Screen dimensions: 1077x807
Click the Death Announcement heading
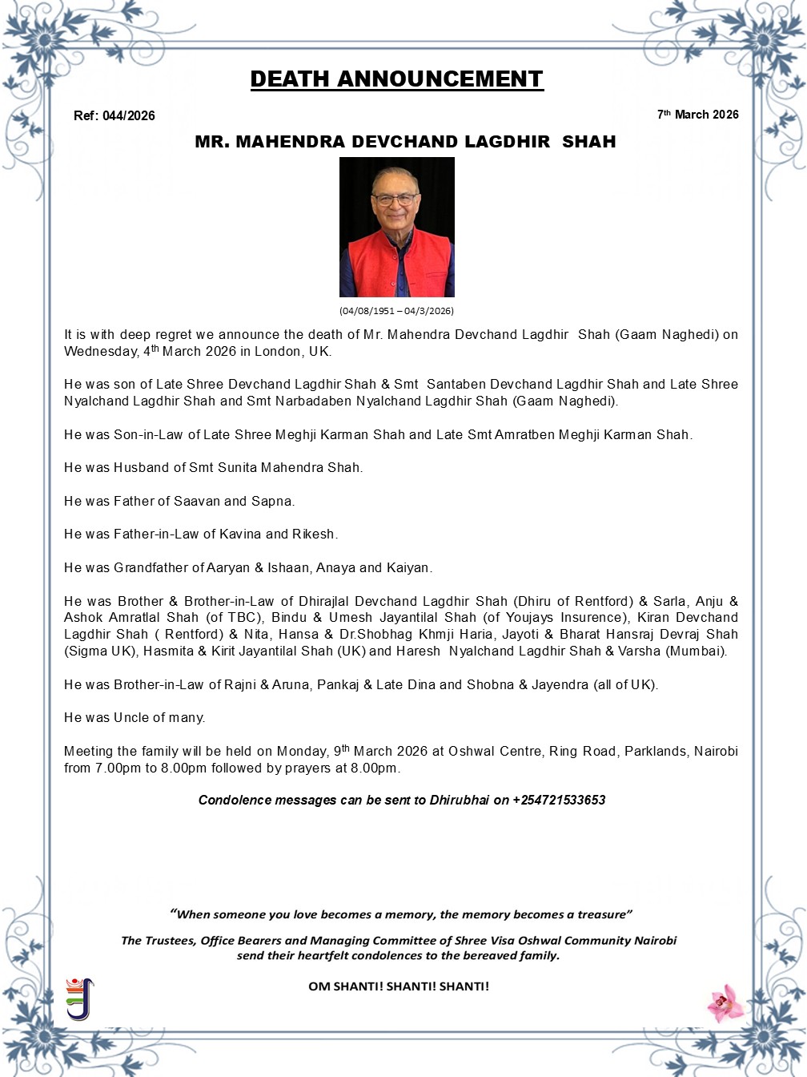tap(396, 79)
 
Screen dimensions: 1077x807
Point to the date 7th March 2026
tap(697, 115)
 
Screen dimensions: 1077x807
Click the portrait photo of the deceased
tap(396, 227)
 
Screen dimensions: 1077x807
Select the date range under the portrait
tap(396, 311)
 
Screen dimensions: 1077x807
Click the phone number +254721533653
tap(559, 800)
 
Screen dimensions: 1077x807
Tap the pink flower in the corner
tap(725, 1003)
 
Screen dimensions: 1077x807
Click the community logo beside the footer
tap(79, 998)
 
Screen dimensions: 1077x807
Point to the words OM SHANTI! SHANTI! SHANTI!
tap(398, 986)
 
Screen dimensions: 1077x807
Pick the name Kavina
tap(241, 534)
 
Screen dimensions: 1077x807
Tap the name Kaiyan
tap(408, 567)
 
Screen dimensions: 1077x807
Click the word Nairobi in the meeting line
tap(716, 751)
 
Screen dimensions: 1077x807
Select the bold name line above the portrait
tap(405, 142)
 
